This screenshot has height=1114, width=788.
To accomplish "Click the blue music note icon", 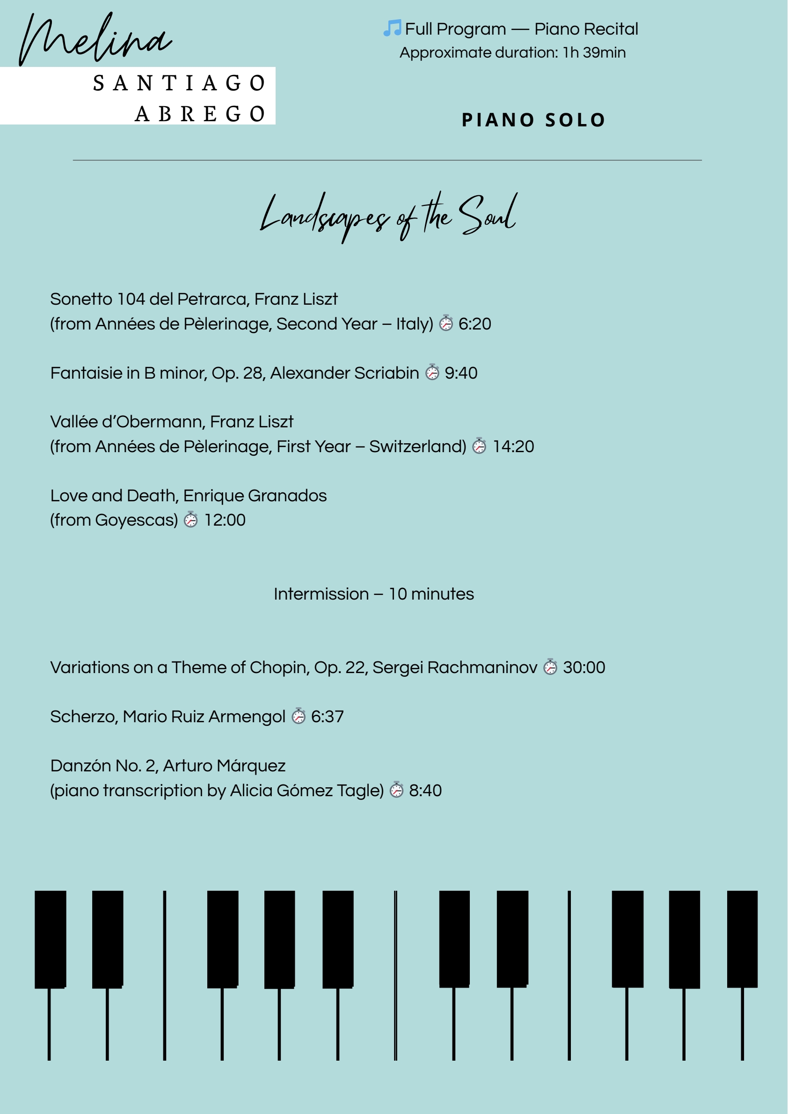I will pyautogui.click(x=392, y=28).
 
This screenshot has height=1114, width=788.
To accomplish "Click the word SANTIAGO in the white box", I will pyautogui.click(x=179, y=83).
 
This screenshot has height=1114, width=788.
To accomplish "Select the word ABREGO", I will pyautogui.click(x=199, y=115).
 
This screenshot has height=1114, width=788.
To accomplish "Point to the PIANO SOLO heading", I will pyautogui.click(x=533, y=120).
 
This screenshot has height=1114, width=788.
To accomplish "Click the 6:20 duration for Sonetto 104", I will pyautogui.click(x=474, y=324).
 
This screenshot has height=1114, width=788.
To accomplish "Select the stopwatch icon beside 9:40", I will pyautogui.click(x=432, y=372).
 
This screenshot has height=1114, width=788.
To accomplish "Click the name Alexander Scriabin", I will pyautogui.click(x=344, y=373).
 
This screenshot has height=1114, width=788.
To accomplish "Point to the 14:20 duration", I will pyautogui.click(x=513, y=447).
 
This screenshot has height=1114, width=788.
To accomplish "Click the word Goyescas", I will pyautogui.click(x=136, y=520).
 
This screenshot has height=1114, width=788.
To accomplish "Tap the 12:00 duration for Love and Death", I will pyautogui.click(x=225, y=520).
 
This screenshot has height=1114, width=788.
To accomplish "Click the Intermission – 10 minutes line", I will pyautogui.click(x=373, y=594).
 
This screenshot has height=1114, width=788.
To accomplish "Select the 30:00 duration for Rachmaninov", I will pyautogui.click(x=584, y=667).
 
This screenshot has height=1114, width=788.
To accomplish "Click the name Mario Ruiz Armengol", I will pyautogui.click(x=204, y=717).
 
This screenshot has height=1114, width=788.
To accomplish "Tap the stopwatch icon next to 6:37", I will pyautogui.click(x=299, y=716).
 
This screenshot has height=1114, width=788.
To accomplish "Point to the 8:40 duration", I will pyautogui.click(x=425, y=790).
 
